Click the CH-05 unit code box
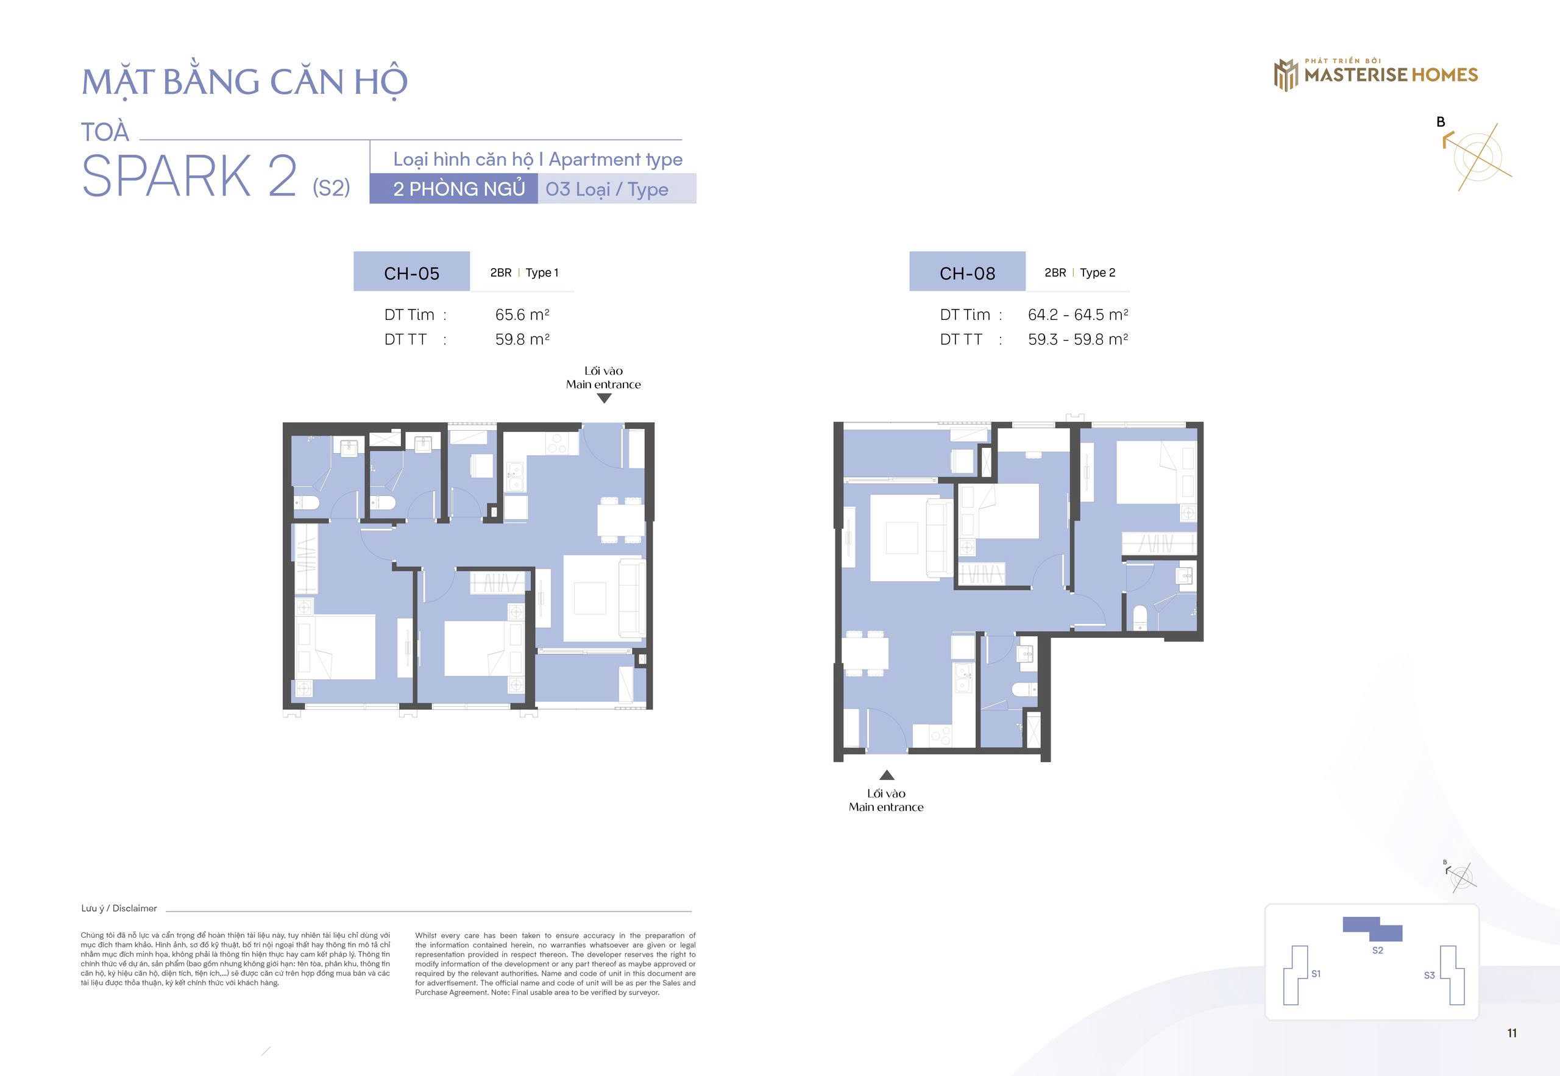coord(411,272)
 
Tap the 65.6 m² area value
coord(522,315)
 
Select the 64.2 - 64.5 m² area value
coord(1077,315)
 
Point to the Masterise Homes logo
coord(1375,74)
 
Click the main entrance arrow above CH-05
coord(604,398)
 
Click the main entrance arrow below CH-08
coord(887,775)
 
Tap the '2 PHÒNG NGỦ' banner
coord(454,189)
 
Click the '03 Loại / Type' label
coord(607,189)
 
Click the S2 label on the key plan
coord(1377,950)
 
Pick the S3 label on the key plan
coord(1429,975)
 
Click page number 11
coord(1511,1033)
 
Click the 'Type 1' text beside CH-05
coord(542,272)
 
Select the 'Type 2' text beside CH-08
coord(1097,272)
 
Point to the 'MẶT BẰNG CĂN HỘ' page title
coord(245,82)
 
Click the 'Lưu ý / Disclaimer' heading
coord(119,908)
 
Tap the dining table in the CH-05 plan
coord(620,520)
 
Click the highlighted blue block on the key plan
coord(1372,929)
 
